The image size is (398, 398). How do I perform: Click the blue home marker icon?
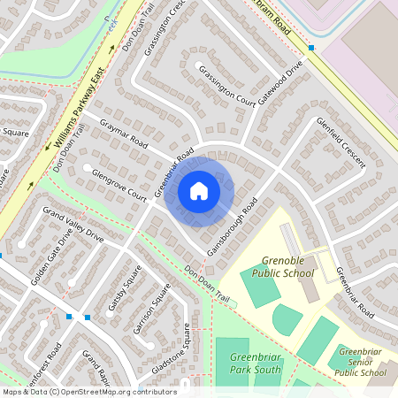tap(199, 191)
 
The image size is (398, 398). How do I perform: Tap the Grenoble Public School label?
tap(287, 267)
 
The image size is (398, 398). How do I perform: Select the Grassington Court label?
tap(226, 86)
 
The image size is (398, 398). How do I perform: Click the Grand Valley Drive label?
tap(73, 226)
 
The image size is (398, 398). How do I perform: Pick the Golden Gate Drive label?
tap(51, 260)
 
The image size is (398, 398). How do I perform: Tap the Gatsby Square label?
tap(125, 292)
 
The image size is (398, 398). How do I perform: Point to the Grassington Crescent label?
tap(172, 27)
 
